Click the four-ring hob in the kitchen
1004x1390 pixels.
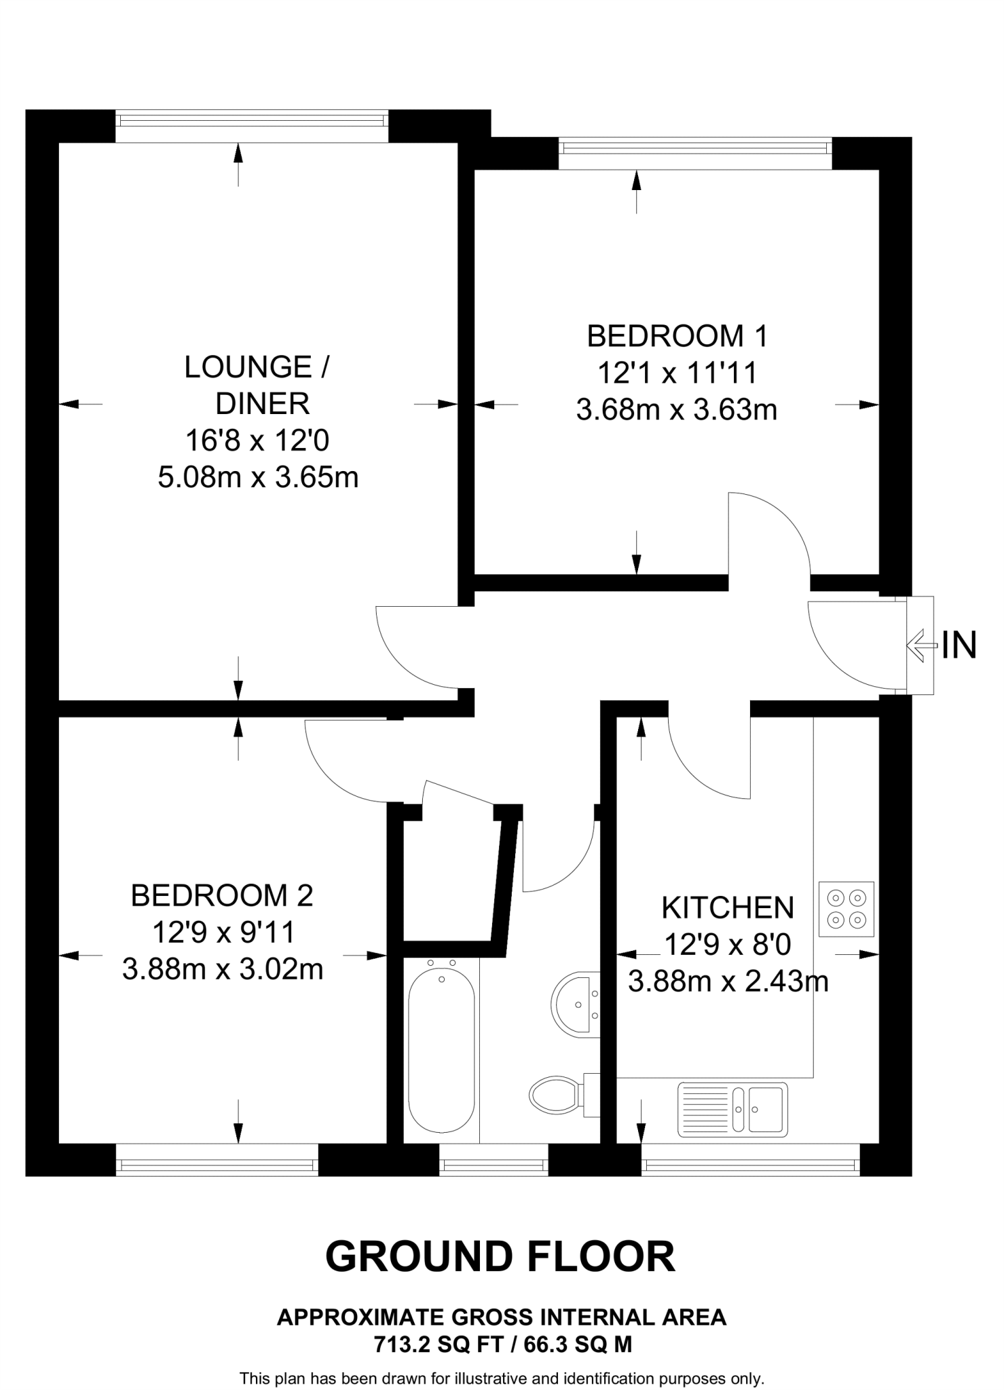point(847,909)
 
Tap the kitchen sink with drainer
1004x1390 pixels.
point(732,1109)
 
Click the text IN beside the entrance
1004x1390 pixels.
point(959,645)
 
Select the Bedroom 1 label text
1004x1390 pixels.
point(677,336)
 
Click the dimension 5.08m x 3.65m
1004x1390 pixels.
point(258,478)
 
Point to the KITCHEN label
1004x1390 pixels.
point(727,907)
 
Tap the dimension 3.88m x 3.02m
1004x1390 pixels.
point(222,969)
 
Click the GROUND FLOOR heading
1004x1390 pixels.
point(500,1257)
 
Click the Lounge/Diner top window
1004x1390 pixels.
point(251,120)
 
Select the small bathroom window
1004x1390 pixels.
point(494,1166)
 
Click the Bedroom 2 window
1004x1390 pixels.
point(217,1166)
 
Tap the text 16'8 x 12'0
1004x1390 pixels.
point(257,441)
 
